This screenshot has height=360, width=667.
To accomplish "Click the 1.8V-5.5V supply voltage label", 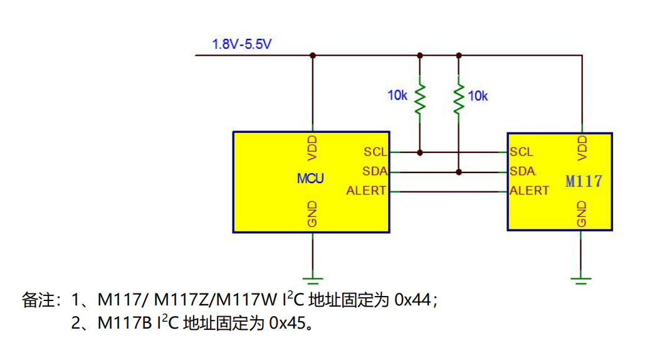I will pyautogui.click(x=242, y=44).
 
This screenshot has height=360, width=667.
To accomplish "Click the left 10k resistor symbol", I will pyautogui.click(x=420, y=97).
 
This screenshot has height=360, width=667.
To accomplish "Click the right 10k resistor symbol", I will pyautogui.click(x=459, y=97).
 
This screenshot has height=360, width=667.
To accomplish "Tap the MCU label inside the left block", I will pyautogui.click(x=310, y=179).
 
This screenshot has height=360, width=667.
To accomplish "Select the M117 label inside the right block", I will pyautogui.click(x=584, y=181).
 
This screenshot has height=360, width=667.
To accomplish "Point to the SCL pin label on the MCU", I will pyautogui.click(x=376, y=152).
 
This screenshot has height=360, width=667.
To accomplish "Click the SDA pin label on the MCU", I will pyautogui.click(x=375, y=171).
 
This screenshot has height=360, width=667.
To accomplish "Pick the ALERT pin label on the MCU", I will pyautogui.click(x=366, y=191).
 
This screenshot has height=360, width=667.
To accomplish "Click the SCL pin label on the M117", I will pyautogui.click(x=522, y=152).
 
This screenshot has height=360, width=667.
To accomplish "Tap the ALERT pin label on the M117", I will pyautogui.click(x=529, y=191).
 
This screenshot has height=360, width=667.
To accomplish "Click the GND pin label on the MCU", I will pyautogui.click(x=312, y=214).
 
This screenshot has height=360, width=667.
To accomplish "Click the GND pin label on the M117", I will pyautogui.click(x=582, y=214).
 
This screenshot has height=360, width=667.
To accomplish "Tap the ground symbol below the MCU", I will pyautogui.click(x=312, y=278).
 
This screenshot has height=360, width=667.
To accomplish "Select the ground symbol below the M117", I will pyautogui.click(x=582, y=278).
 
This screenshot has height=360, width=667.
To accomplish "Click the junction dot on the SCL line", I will pyautogui.click(x=420, y=152).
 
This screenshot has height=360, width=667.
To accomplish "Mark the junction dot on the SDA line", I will pyautogui.click(x=459, y=171).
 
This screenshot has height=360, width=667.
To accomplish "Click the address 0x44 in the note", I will pyautogui.click(x=412, y=300).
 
